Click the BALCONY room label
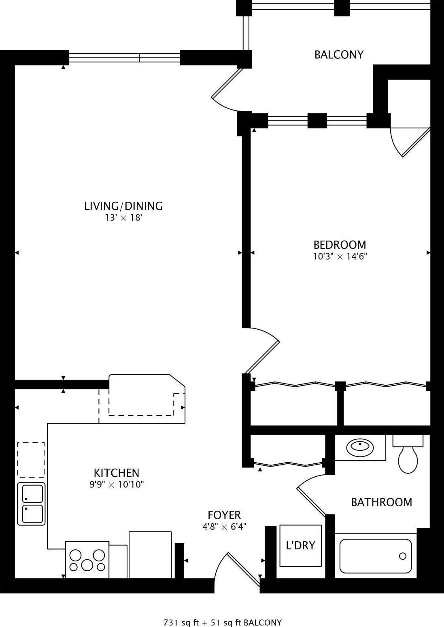click(x=339, y=55)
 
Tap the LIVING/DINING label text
click(x=123, y=206)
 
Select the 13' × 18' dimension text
click(x=123, y=218)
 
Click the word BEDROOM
click(x=340, y=245)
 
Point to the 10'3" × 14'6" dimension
click(x=340, y=256)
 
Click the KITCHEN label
click(x=117, y=473)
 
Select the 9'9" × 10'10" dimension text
click(x=117, y=484)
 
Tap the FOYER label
click(x=224, y=515)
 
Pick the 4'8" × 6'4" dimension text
click(x=224, y=527)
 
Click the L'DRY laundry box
click(x=300, y=546)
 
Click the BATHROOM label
click(x=381, y=502)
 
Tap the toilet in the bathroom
click(x=408, y=456)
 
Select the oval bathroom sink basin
click(x=360, y=447)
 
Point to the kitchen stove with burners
click(x=87, y=560)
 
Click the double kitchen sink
click(x=32, y=504)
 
